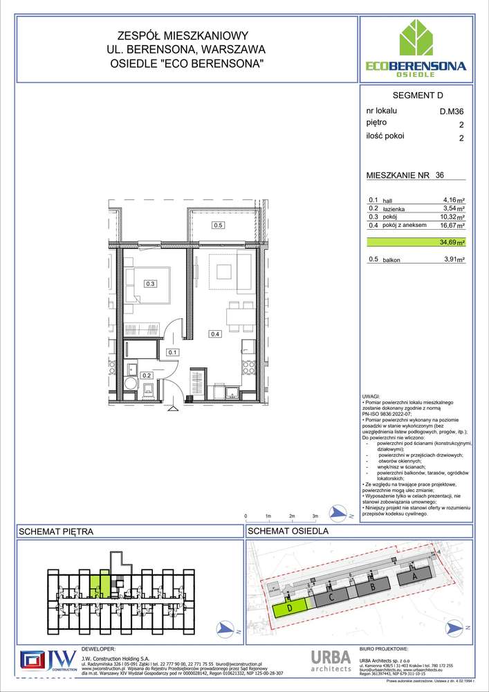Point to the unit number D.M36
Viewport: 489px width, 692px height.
coord(452,111)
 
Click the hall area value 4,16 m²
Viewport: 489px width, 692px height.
coord(454,199)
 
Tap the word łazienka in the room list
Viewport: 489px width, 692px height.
coord(397,208)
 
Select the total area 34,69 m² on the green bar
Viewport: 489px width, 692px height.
coord(454,243)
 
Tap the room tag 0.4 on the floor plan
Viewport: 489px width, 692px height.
coord(215,335)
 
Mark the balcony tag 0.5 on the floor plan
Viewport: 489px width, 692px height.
coord(218,225)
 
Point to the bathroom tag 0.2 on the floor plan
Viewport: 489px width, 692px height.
coord(147,376)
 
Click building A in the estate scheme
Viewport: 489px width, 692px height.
coord(414,575)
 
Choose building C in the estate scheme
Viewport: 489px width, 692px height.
coord(332,597)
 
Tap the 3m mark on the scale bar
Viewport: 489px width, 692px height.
coord(315,516)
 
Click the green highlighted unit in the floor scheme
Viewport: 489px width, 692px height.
coord(102,582)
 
